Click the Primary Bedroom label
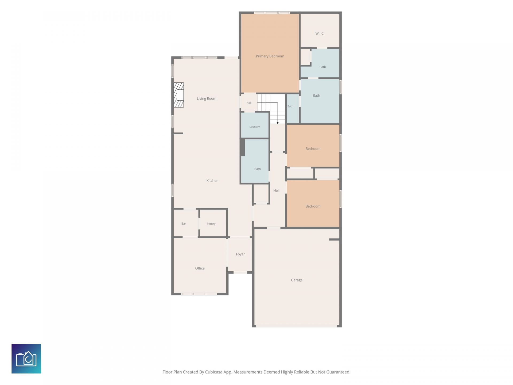[x=270, y=56]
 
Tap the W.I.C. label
[x=320, y=33]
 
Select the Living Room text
[x=207, y=98]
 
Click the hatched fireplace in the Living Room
[x=178, y=95]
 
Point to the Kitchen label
[x=212, y=181]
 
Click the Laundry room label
[x=255, y=127]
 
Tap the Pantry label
[x=211, y=224]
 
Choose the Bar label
[x=184, y=224]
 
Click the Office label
[x=200, y=268]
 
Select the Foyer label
[x=240, y=254]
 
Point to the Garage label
[x=297, y=280]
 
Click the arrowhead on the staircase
[x=278, y=123]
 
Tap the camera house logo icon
[x=26, y=359]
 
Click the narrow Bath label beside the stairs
[x=290, y=106]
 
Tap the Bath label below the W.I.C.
[x=323, y=67]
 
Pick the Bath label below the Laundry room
[x=258, y=169]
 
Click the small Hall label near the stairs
[x=249, y=103]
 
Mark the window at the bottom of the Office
[x=199, y=294]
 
